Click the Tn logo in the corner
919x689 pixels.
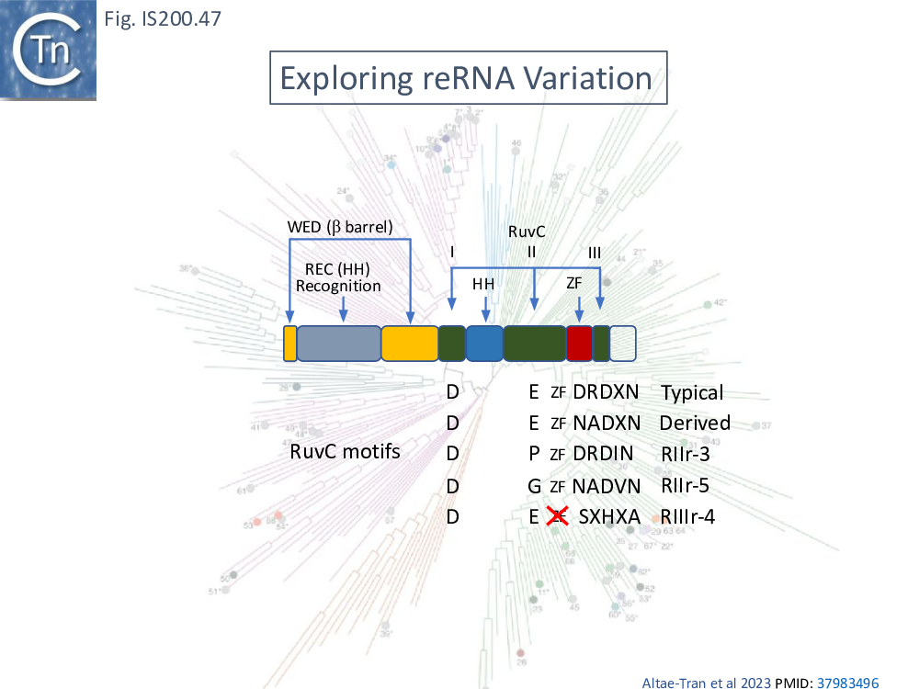pyautogui.click(x=48, y=50)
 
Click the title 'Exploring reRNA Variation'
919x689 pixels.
pyautogui.click(x=466, y=78)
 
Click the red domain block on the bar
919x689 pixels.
pyautogui.click(x=579, y=343)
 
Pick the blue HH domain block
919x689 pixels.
pyautogui.click(x=484, y=343)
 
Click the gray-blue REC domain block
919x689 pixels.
pyautogui.click(x=338, y=343)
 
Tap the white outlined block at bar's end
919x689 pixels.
pyautogui.click(x=623, y=343)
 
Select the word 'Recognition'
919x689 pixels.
pyautogui.click(x=338, y=286)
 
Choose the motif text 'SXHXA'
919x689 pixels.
pyautogui.click(x=609, y=517)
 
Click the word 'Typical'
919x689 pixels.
pyautogui.click(x=692, y=393)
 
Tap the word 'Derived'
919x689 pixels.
pyautogui.click(x=695, y=424)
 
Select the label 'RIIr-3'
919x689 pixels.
pyautogui.click(x=685, y=454)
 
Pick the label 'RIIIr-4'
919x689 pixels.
pyautogui.click(x=687, y=517)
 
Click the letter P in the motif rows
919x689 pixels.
pyautogui.click(x=534, y=454)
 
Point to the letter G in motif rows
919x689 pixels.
pyautogui.click(x=534, y=486)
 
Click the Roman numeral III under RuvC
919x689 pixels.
pyautogui.click(x=595, y=252)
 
